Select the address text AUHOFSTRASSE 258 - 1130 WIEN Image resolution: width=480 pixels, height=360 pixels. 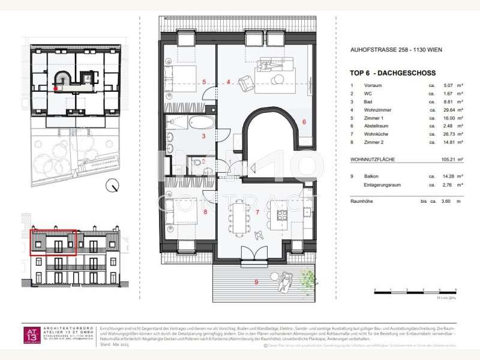click(396, 50)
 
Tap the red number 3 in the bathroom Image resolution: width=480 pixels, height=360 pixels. click(204, 137)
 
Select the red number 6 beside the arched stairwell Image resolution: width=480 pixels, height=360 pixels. click(304, 122)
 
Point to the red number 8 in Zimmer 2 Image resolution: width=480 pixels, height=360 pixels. click(205, 211)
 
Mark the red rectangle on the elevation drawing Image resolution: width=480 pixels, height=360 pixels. click(53, 242)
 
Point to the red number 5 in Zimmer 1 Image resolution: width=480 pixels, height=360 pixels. click(204, 82)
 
